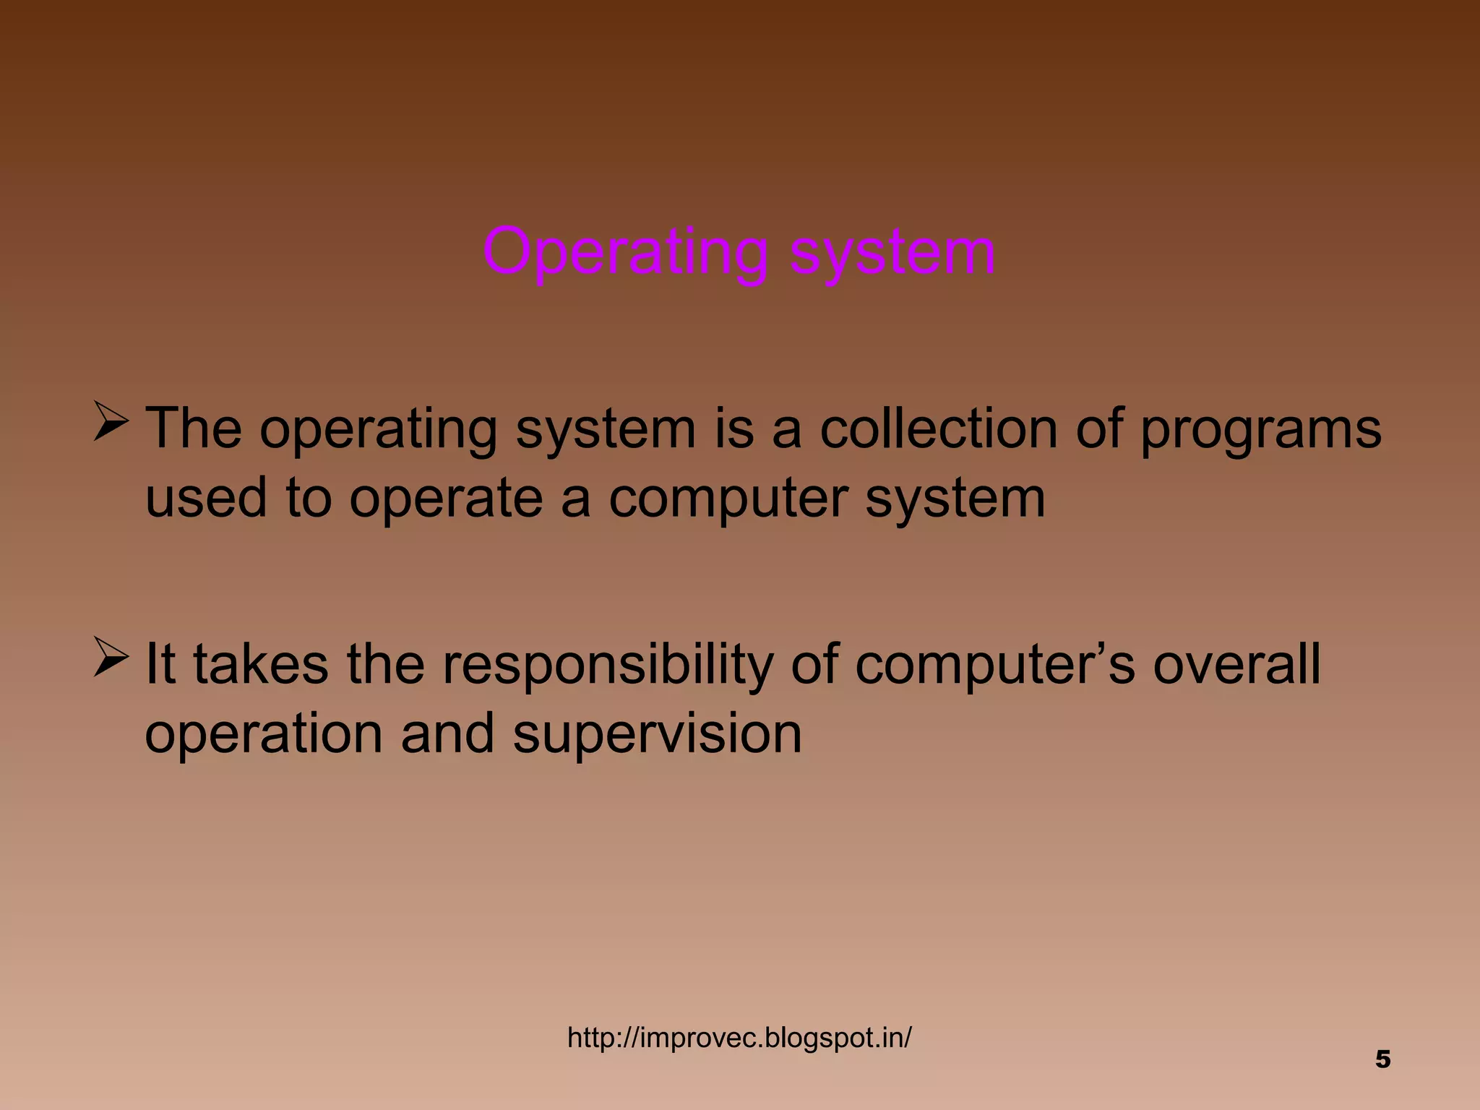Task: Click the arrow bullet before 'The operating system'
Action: coord(111,423)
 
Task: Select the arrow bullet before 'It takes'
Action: coord(111,658)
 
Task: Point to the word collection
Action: coord(939,429)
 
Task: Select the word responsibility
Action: coord(608,665)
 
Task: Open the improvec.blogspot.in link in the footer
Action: coord(739,1038)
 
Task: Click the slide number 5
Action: coord(1382,1059)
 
